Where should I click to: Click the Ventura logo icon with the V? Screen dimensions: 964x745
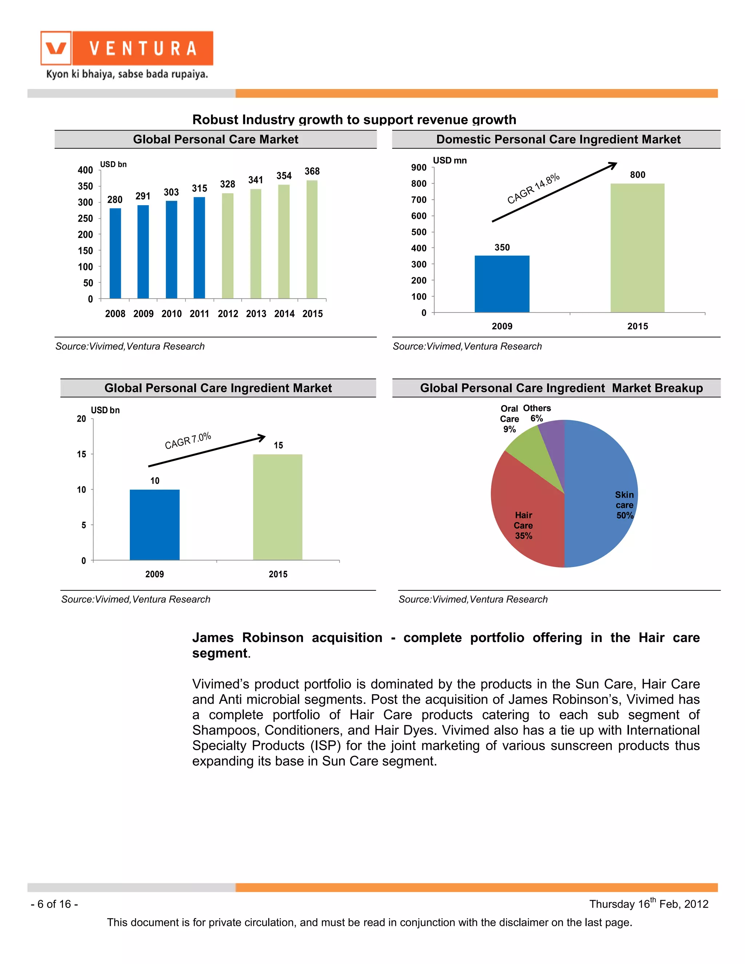coord(56,48)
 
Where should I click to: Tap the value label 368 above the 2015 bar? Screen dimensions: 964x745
coord(312,171)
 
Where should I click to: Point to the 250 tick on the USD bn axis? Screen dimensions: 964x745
coord(85,219)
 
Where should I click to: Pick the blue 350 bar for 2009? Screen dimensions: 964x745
coord(502,284)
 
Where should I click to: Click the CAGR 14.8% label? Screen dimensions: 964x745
coord(533,188)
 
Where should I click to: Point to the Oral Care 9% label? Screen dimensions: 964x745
coord(509,419)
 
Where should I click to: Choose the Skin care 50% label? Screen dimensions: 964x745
coord(625,505)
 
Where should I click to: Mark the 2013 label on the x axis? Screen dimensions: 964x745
coord(256,314)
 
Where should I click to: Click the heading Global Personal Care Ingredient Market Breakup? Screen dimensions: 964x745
coord(561,388)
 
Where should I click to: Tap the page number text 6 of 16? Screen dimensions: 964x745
coord(54,904)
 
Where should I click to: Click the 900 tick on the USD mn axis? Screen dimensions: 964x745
coord(419,167)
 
